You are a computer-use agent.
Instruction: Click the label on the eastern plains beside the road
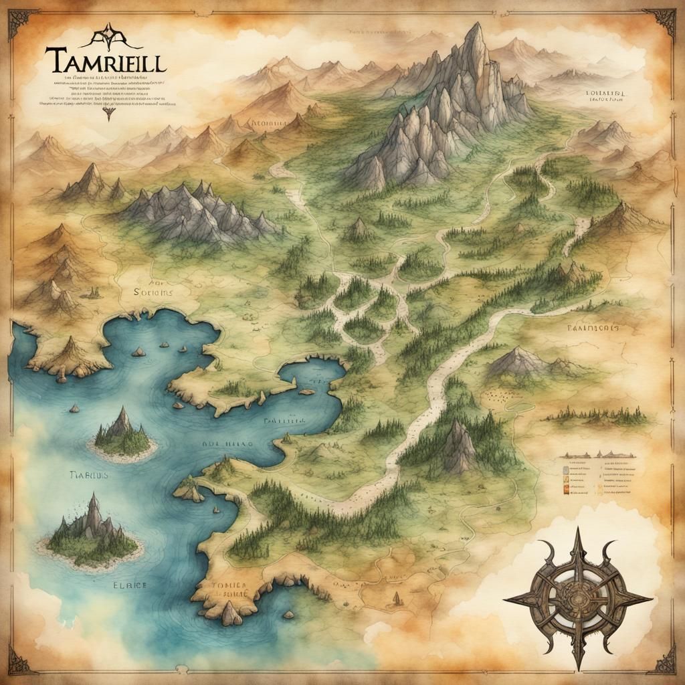click(592, 328)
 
